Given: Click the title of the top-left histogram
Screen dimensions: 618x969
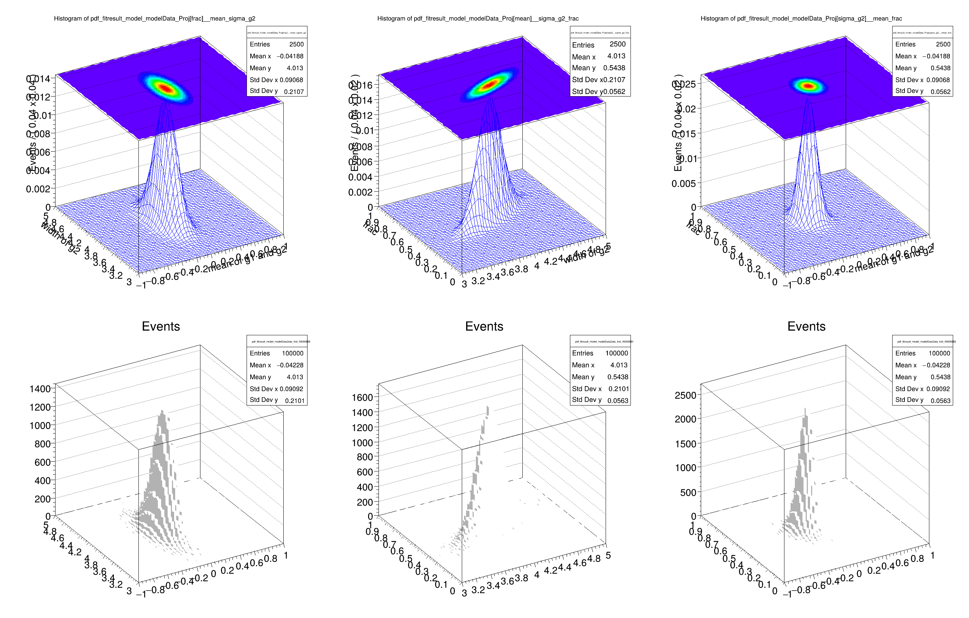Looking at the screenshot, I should click(x=155, y=18).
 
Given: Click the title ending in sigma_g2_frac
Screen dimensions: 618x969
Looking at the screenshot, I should click(x=478, y=18).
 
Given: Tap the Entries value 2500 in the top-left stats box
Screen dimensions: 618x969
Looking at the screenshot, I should click(x=296, y=44).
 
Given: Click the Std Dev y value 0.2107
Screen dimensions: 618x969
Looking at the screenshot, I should click(x=294, y=92).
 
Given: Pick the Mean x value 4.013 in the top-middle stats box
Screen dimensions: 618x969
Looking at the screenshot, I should click(x=616, y=56).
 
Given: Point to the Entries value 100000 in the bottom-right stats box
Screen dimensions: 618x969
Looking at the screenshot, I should click(x=939, y=353).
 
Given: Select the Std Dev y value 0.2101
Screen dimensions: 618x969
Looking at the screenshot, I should click(x=295, y=400).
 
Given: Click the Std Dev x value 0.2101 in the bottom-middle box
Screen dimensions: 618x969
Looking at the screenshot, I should click(x=619, y=389).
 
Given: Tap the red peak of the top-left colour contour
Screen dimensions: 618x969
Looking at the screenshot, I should click(x=165, y=88).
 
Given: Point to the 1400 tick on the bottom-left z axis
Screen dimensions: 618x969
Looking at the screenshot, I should click(x=40, y=389).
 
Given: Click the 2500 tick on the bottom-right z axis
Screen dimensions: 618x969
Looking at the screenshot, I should click(x=685, y=395).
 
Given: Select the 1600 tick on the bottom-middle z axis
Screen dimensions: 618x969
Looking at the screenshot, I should click(x=362, y=397).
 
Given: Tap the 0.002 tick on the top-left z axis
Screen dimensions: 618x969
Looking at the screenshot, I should click(x=38, y=189).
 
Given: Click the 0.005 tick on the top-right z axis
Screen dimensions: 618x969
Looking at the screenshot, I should click(x=683, y=184).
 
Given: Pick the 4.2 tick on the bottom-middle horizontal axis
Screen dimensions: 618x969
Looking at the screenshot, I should click(x=550, y=571).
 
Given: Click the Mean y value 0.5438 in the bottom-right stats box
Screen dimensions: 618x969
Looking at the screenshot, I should click(x=940, y=377).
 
